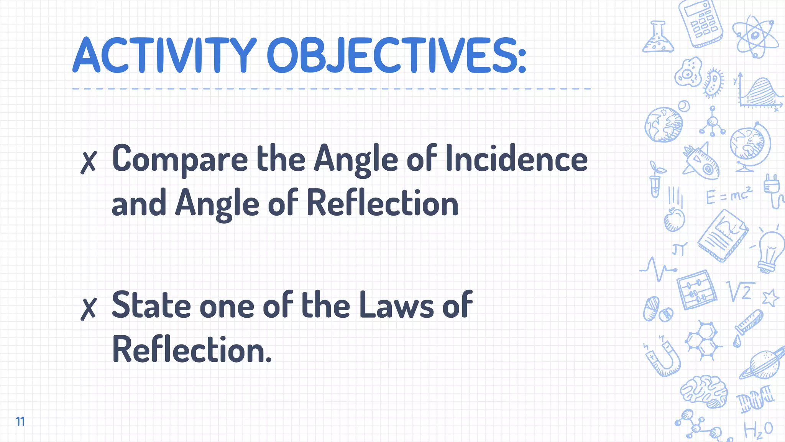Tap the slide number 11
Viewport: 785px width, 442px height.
[x=20, y=421]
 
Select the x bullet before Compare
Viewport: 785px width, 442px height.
[x=89, y=162]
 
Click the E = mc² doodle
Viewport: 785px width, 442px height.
[x=729, y=196]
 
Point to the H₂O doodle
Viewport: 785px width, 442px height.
[x=758, y=430]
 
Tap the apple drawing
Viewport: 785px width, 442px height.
[x=674, y=220]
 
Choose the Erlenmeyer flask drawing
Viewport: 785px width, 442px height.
[x=658, y=38]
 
